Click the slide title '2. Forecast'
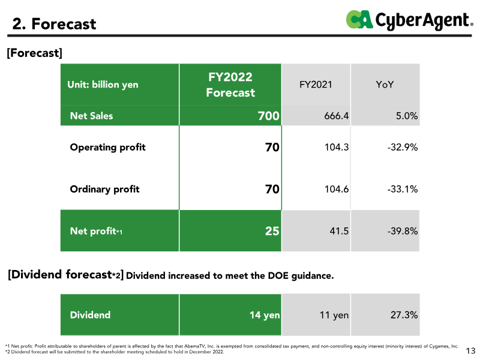pos(55,24)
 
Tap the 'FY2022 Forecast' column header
pos(230,85)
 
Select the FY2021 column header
pos(316,85)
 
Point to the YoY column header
pos(384,85)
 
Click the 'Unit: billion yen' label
pos(104,85)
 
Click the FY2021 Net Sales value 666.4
pos(336,116)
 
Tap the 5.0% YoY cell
pos(406,116)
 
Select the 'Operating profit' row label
pos(107,147)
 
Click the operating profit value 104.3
pos(336,147)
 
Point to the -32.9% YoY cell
pos(403,147)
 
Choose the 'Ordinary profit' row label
pos(104,189)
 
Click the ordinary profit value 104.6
pos(336,189)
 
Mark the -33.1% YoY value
pos(403,189)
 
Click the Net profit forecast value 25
pos(272,230)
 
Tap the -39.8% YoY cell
pos(403,230)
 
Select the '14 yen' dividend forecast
pos(265,314)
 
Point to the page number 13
pos(470,350)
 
